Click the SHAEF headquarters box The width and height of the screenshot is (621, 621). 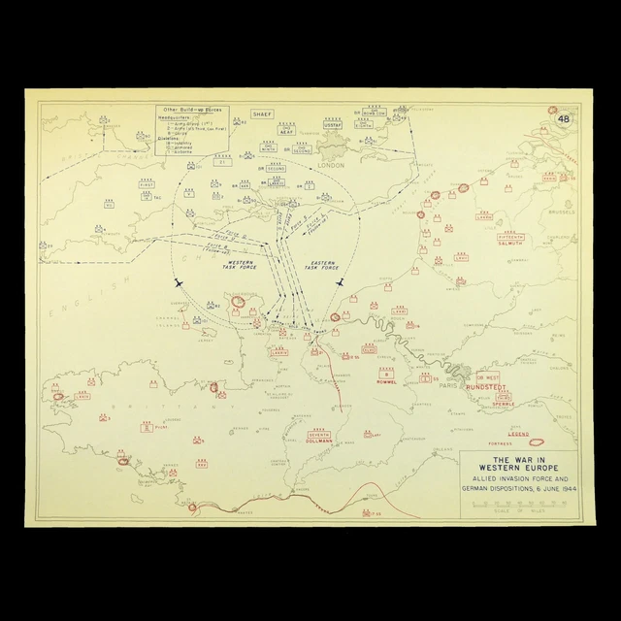click(263, 114)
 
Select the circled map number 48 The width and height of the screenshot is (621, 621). click(564, 118)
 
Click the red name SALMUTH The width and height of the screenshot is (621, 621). click(510, 245)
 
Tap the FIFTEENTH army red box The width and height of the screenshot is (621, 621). click(510, 237)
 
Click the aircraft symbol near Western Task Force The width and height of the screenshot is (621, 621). click(178, 283)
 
